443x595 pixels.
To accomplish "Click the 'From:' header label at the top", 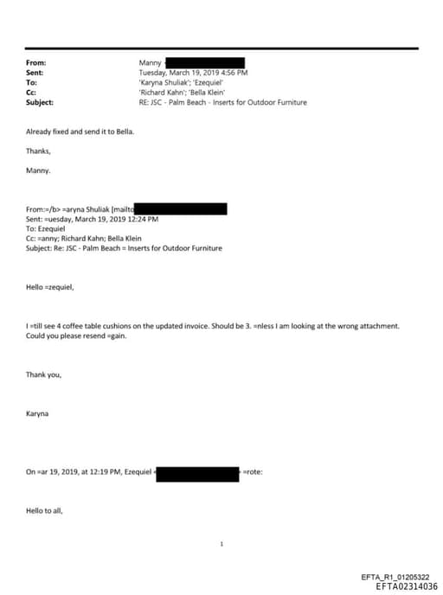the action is coord(35,63).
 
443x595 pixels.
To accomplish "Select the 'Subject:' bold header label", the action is coord(40,102).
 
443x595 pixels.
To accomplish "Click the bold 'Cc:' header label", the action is coord(30,93).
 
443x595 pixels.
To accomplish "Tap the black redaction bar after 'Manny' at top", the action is coord(207,63).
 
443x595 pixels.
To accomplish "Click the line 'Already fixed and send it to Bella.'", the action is coord(80,131).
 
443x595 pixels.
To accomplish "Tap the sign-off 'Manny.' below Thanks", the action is coord(38,170).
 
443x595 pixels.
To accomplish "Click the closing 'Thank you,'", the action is coord(43,374).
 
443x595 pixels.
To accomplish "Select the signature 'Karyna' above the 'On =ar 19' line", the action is coord(38,413).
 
